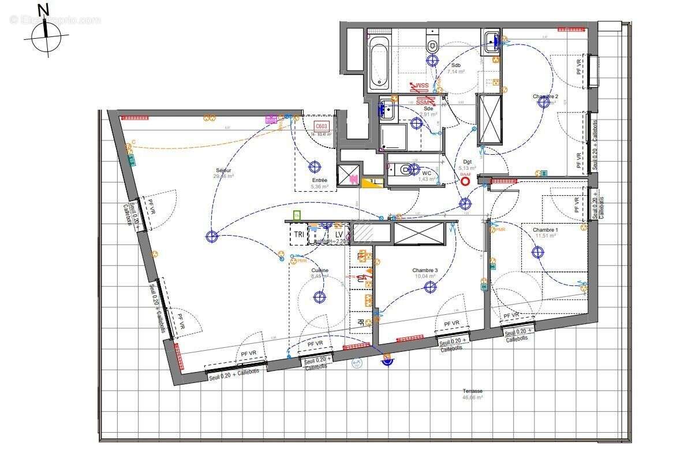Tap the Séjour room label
click(224, 170)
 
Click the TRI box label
click(299, 235)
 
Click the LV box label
click(339, 235)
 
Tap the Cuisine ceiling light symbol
click(319, 297)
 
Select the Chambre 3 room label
click(425, 270)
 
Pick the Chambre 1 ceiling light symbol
click(538, 252)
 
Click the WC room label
click(427, 173)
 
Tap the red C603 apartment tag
click(322, 127)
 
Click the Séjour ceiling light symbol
click(211, 236)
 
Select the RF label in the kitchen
click(361, 322)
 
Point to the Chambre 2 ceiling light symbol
click(543, 102)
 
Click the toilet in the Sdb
click(432, 43)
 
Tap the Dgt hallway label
click(467, 162)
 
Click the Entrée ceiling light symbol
click(315, 168)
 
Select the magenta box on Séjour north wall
click(270, 120)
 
